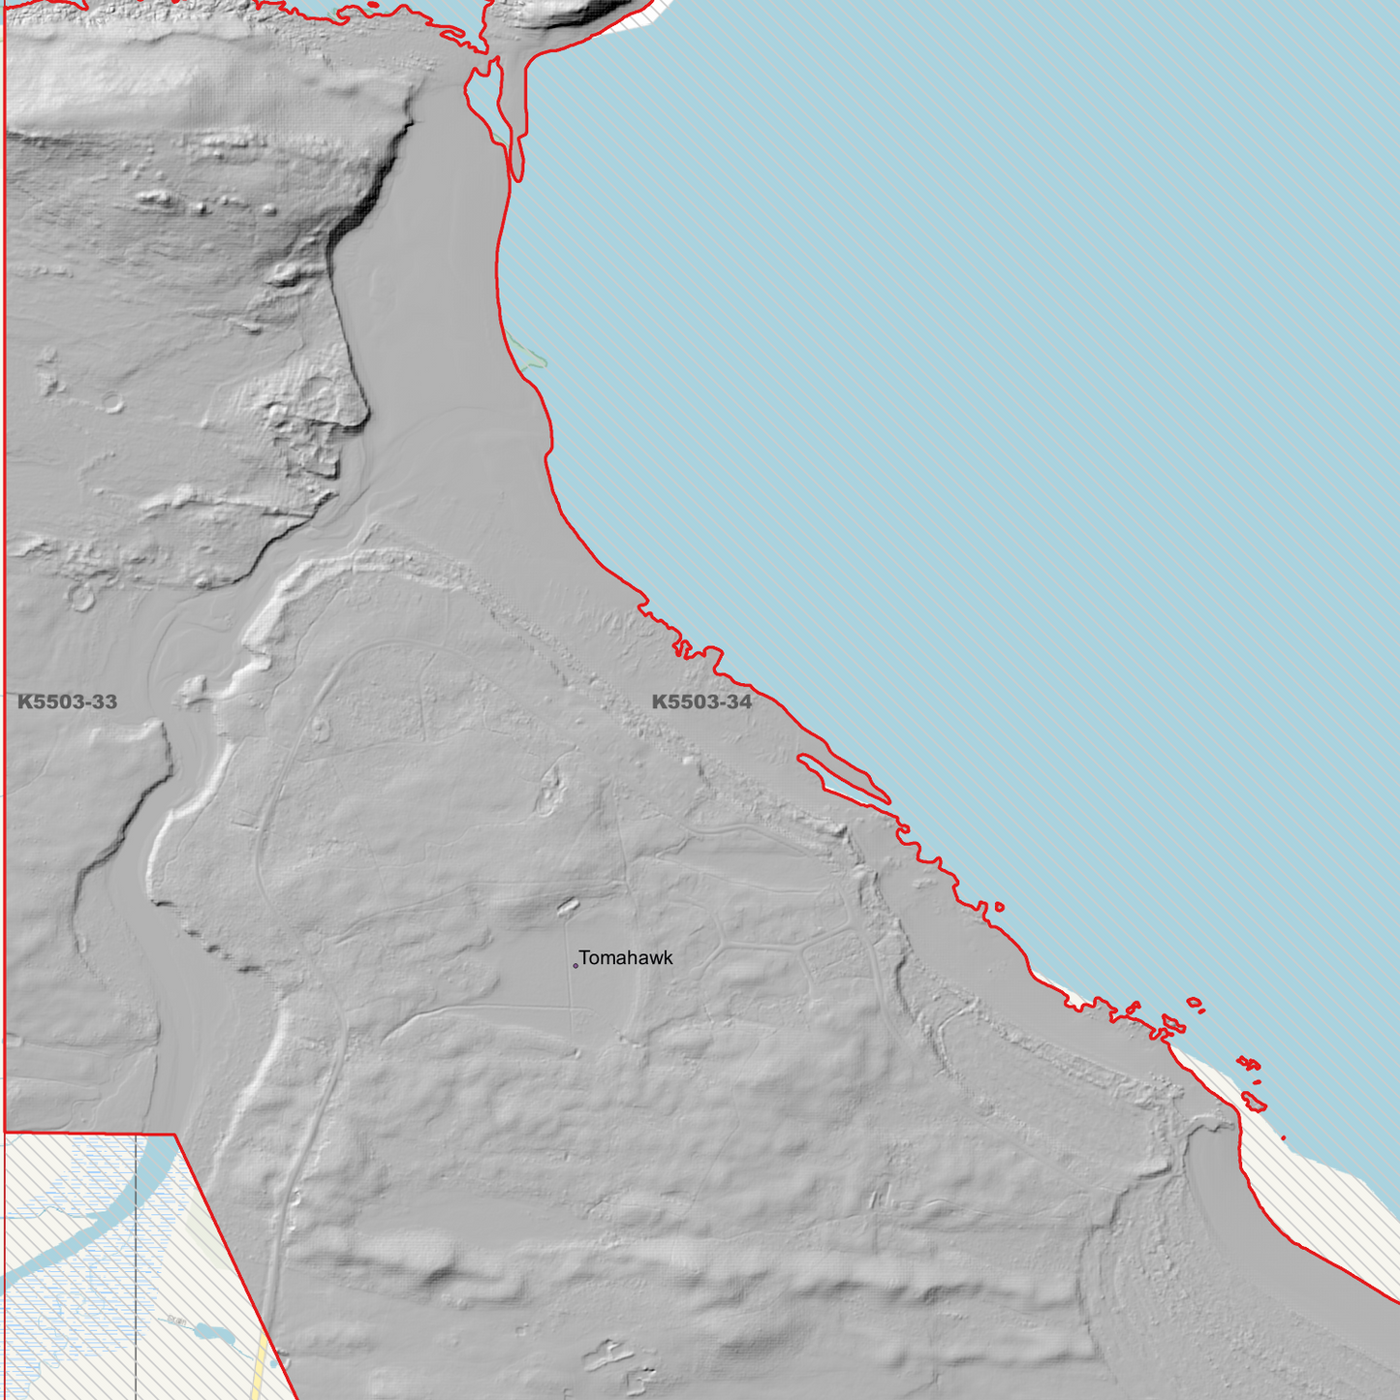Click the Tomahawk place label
[626, 958]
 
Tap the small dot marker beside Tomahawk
[576, 965]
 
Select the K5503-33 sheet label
[67, 702]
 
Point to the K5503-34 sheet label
[701, 702]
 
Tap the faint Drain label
[175, 1320]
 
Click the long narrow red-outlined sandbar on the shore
[843, 778]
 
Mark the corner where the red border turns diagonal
[175, 1134]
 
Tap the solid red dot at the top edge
[374, 5]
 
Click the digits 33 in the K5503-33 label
[100, 702]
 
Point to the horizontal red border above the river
[87, 1133]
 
